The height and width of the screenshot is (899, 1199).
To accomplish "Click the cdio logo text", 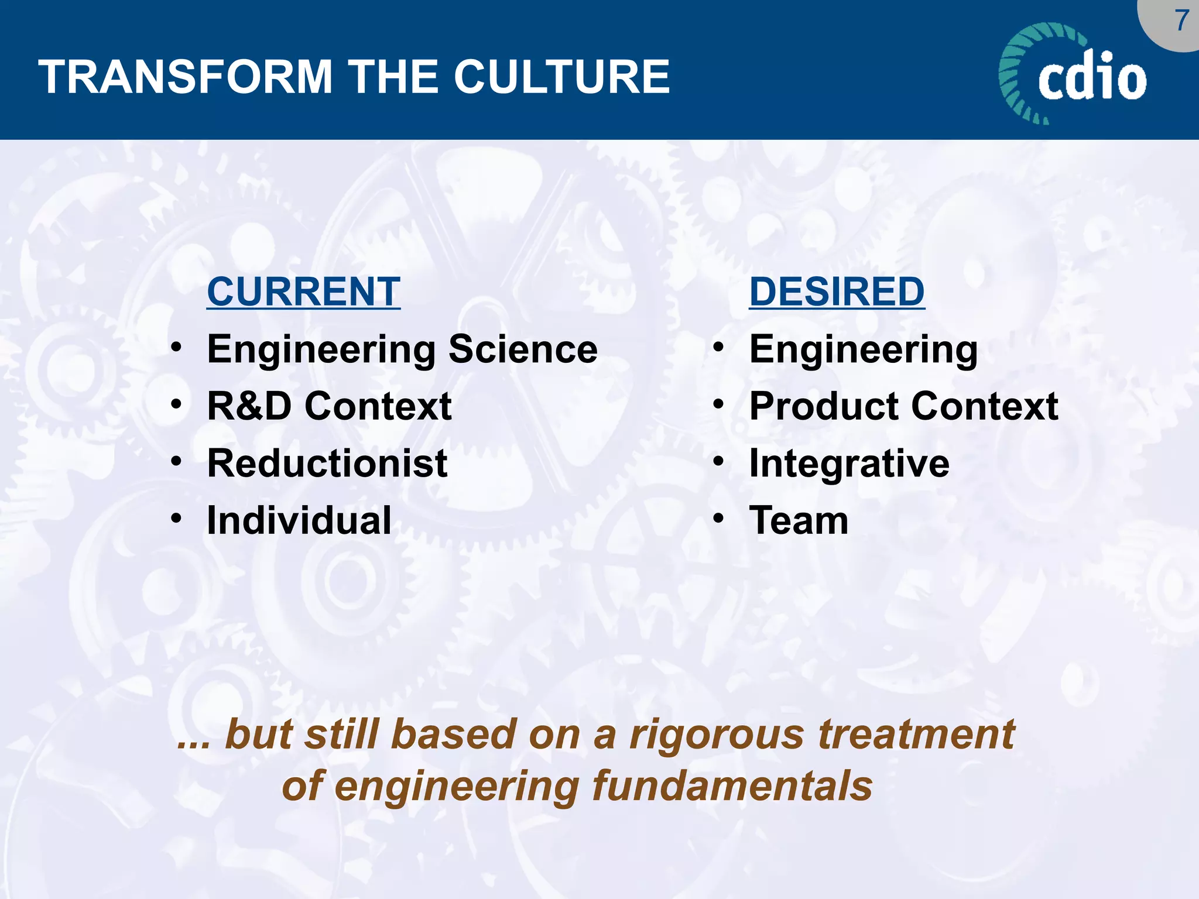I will [x=1092, y=76].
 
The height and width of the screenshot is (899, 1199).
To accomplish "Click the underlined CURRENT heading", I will [x=303, y=291].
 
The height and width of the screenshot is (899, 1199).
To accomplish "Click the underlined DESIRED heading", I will [x=837, y=291].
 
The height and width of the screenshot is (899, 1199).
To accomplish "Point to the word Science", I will [x=523, y=349].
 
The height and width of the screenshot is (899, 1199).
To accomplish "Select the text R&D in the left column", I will [x=249, y=406].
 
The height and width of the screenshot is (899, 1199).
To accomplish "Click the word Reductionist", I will [x=327, y=463].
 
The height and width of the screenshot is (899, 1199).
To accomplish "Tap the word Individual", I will [x=299, y=520].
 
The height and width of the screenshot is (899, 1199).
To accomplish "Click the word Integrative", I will [x=849, y=463].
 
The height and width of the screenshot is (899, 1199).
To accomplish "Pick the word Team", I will [x=799, y=520].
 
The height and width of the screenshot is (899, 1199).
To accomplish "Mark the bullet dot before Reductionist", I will [x=176, y=461].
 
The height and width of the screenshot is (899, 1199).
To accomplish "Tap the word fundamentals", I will [x=732, y=786].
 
